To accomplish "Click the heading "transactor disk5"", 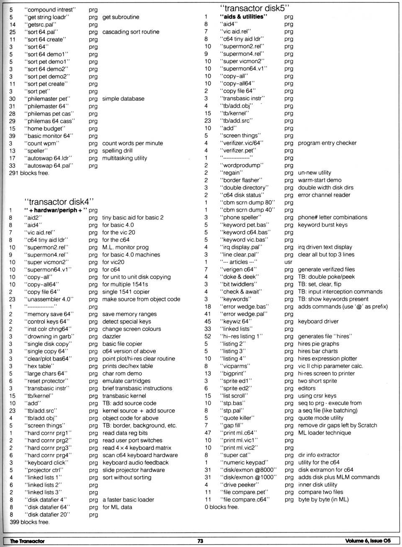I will pos(255,8).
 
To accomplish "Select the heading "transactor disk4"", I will pos(59,202).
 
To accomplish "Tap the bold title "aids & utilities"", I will pos(244,17).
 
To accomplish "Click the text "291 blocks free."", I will pos(29,173).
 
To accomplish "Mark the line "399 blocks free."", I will pos(29,522).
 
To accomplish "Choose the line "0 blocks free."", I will pos(222,507).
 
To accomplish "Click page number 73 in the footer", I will pos(200,541).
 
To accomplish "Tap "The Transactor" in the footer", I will pos(27,541).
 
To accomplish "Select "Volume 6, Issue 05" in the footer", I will pos(368,541).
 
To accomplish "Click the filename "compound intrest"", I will pos(52,9).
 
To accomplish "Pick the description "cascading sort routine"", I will pos(131,32).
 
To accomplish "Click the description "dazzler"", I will pos(111,336).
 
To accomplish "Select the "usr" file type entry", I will pos(289,262).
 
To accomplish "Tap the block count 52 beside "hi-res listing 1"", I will pos(208,336).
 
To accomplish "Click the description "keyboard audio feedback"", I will pos(135,462).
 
